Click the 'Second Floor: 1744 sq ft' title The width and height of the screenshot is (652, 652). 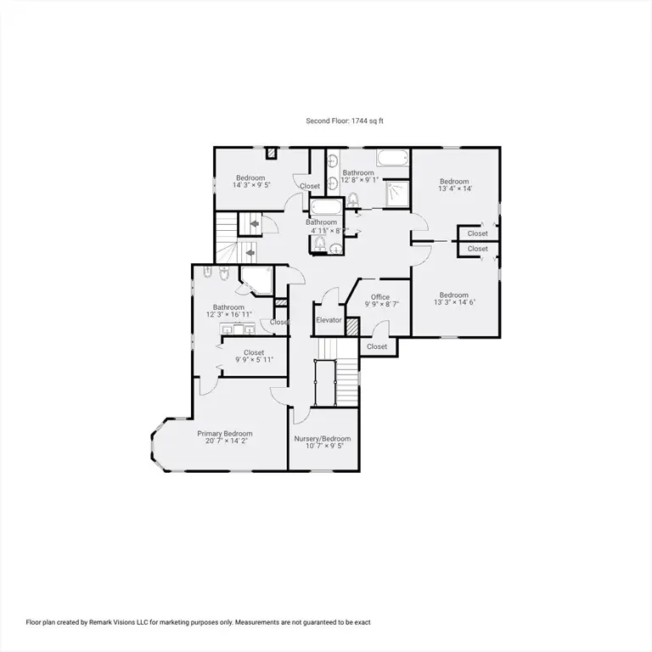point(345,121)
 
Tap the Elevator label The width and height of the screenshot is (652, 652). point(329,320)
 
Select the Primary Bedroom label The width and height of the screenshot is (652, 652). point(224,434)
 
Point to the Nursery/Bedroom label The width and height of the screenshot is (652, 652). point(323,439)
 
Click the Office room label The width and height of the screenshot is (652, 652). point(380,297)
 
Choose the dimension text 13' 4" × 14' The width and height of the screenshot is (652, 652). point(455,188)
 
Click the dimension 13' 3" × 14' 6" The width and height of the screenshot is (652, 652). point(454,302)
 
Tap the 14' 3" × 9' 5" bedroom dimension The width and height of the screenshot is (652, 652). point(251,185)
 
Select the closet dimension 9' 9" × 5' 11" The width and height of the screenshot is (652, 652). point(254,360)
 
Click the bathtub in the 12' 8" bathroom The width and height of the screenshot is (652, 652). point(392,159)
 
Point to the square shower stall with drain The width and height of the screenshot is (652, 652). point(397,194)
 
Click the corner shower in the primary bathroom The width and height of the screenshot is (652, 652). point(256,281)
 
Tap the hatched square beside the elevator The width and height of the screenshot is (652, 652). point(352,326)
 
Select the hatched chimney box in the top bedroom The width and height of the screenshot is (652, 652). point(272,153)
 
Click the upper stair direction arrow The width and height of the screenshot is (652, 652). point(255,224)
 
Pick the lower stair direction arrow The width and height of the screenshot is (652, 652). point(250,253)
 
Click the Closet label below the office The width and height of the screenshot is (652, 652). point(377,346)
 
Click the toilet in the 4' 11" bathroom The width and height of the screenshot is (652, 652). point(320,243)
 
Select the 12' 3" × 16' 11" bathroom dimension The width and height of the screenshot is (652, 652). point(229,315)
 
